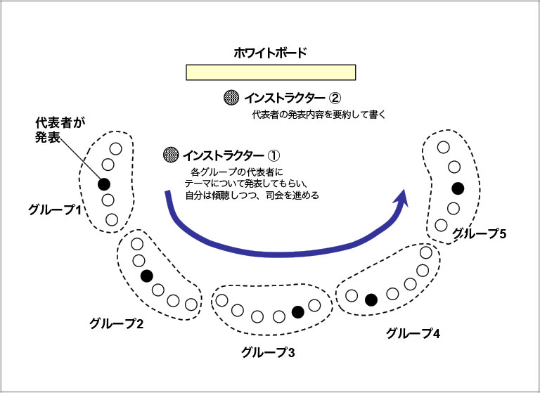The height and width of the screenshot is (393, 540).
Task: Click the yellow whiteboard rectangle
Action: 271,72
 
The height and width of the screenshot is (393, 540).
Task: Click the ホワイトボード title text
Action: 271,52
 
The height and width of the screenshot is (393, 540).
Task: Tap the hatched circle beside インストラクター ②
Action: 229,97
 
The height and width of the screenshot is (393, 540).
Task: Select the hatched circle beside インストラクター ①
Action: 169,153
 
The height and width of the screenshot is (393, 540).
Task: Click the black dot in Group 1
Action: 103,184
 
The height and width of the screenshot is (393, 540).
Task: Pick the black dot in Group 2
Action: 147,276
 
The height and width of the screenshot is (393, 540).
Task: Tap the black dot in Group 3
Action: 297,311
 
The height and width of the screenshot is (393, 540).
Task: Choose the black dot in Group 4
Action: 371,300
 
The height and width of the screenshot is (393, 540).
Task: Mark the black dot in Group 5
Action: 458,188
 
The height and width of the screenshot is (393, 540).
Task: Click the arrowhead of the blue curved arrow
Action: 401,202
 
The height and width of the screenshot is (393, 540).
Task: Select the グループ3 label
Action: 267,351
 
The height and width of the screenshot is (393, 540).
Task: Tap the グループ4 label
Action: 413,333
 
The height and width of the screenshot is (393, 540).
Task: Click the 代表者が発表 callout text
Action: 60,130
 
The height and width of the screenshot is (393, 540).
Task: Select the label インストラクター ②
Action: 292,97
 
